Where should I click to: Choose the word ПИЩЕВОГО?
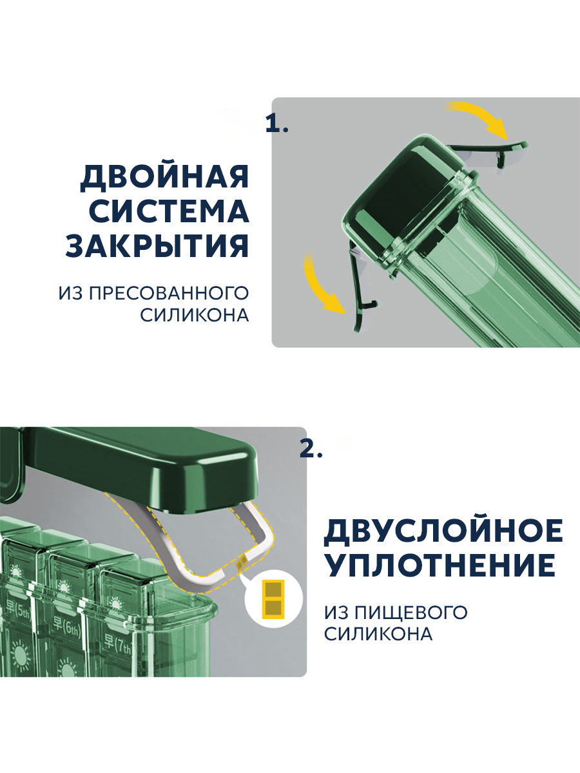click(411, 613)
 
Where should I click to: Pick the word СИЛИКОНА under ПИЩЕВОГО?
click(378, 635)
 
